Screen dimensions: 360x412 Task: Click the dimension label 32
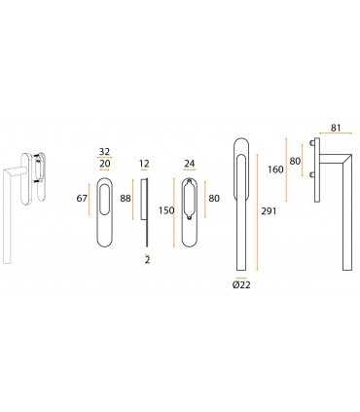105,152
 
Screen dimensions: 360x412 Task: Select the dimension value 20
105,164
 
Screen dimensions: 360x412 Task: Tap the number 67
82,198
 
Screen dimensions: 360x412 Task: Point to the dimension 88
126,198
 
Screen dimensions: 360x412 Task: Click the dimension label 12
144,164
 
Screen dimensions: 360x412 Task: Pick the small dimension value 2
148,260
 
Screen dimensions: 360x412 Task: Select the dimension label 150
166,210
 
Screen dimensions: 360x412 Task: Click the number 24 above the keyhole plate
190,164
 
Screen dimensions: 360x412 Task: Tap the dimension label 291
269,211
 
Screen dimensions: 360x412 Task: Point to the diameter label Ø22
241,285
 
